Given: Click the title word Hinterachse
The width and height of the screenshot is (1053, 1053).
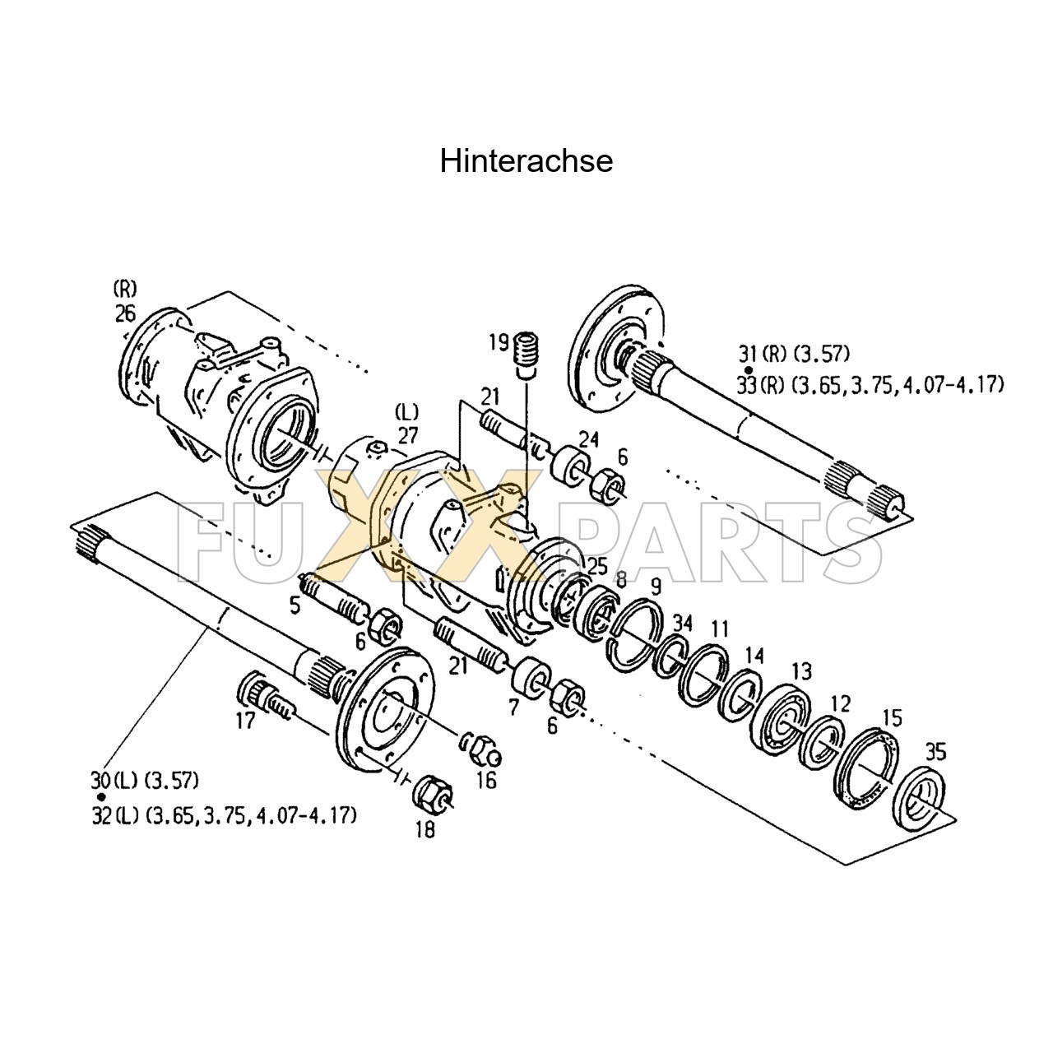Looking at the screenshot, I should tap(526, 161).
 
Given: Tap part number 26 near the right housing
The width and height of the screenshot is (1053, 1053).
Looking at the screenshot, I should tap(125, 313).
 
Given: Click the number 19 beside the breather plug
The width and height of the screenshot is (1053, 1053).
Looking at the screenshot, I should tap(499, 342).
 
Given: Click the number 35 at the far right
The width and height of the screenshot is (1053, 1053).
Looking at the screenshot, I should tap(935, 751).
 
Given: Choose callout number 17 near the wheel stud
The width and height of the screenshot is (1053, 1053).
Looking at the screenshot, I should tap(246, 721).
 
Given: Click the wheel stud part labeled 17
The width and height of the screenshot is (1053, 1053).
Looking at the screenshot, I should tap(258, 694).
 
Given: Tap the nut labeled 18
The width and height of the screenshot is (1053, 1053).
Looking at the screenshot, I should tap(432, 794).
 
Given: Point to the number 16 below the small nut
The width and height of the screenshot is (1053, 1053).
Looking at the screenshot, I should tap(486, 779).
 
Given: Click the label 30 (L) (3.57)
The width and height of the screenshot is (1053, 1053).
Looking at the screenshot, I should tap(145, 779).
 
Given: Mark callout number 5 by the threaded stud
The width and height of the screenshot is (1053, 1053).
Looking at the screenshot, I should tap(295, 605).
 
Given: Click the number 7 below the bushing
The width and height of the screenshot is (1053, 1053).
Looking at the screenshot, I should tap(513, 707).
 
